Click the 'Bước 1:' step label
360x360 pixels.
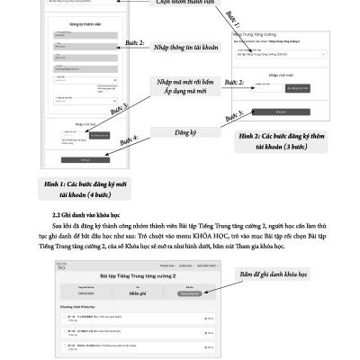(x=232, y=17)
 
